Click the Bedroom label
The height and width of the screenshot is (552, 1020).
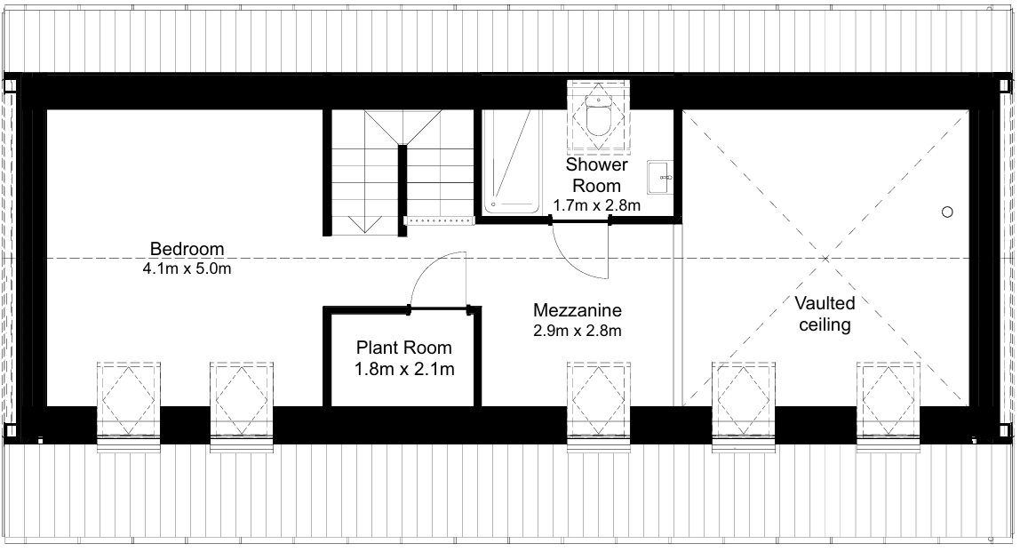pyautogui.click(x=187, y=249)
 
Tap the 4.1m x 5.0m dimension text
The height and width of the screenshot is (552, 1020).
pyautogui.click(x=187, y=268)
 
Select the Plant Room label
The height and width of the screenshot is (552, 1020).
pyautogui.click(x=404, y=348)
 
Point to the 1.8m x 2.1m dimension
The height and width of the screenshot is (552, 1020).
pyautogui.click(x=404, y=369)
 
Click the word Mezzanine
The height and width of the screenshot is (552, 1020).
pyautogui.click(x=577, y=310)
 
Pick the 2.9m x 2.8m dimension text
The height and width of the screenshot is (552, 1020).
pyautogui.click(x=577, y=331)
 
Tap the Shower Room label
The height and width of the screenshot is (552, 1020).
pyautogui.click(x=596, y=174)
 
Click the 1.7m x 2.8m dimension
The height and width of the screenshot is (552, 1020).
pyautogui.click(x=596, y=205)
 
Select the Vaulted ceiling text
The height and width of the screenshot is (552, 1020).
pyautogui.click(x=825, y=313)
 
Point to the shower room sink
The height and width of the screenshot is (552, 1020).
pyautogui.click(x=660, y=177)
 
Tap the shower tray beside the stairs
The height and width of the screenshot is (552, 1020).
pyautogui.click(x=512, y=162)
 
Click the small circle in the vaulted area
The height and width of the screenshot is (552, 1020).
pyautogui.click(x=947, y=212)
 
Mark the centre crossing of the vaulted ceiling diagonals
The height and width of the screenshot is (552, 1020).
pyautogui.click(x=825, y=259)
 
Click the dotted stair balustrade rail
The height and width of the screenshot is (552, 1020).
pyautogui.click(x=439, y=220)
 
